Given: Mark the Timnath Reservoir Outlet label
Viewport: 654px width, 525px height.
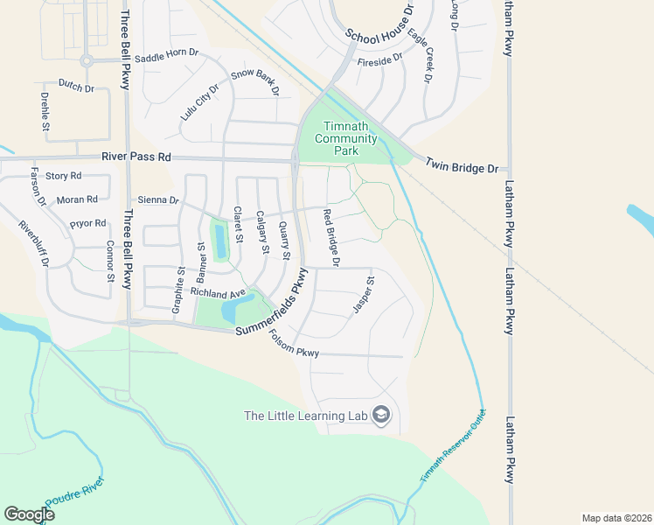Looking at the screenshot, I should (x=452, y=447).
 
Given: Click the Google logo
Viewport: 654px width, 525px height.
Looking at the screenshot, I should (x=30, y=514).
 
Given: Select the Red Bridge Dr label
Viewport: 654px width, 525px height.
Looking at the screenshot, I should (x=330, y=237).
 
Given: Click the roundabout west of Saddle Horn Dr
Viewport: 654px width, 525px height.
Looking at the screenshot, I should (x=86, y=60).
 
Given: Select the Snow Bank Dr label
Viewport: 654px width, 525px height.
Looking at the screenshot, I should (x=254, y=81).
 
